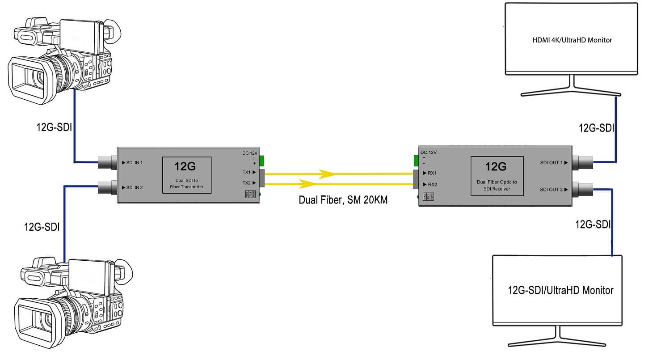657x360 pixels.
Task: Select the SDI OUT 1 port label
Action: pos(553,163)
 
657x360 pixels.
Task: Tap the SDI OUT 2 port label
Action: pos(553,189)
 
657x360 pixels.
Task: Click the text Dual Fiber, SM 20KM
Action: pos(343,200)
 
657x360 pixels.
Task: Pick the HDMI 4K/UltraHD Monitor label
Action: pos(572,40)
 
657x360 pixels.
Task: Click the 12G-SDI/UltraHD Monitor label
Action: pos(560,290)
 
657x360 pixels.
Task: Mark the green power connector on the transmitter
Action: pos(262,160)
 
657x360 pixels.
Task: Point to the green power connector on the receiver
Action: pos(416,160)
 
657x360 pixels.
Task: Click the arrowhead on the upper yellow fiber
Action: pos(328,173)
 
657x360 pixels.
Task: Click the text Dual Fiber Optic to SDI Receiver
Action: pos(496,186)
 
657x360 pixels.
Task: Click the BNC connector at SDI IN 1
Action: pos(107,162)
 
